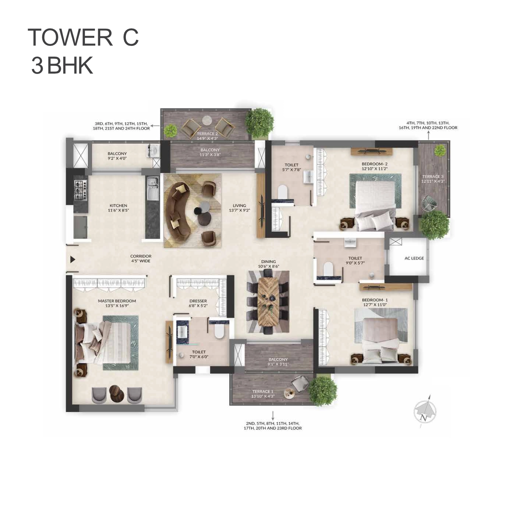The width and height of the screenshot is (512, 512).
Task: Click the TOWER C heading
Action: (83, 37)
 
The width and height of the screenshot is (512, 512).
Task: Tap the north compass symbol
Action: (425, 412)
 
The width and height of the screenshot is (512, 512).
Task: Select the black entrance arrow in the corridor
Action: (73, 259)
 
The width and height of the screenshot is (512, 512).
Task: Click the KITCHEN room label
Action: (118, 206)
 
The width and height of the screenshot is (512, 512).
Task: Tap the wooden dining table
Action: (268, 302)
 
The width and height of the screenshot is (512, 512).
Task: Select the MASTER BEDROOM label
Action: (117, 301)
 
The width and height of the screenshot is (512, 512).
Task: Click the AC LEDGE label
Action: (414, 258)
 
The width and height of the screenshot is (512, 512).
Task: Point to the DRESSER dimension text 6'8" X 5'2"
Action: (198, 305)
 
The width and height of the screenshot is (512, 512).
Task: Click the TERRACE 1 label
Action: (262, 391)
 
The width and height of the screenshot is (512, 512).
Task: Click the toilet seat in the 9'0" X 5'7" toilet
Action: (328, 268)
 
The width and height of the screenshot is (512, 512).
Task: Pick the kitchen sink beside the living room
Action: (152, 189)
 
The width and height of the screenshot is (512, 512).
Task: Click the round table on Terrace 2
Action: (207, 120)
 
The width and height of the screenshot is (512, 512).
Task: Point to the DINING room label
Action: (268, 261)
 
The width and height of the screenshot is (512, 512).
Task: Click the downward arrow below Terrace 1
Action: (273, 416)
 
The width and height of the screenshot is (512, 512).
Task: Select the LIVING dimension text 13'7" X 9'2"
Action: (239, 210)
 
